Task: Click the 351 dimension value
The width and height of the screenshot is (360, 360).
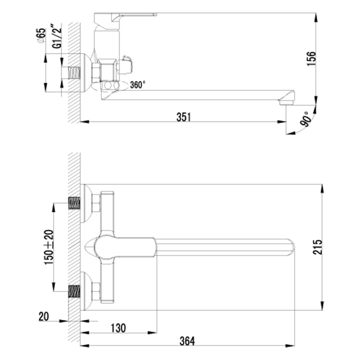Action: coord(184,117)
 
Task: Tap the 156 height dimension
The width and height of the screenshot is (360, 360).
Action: coord(311,59)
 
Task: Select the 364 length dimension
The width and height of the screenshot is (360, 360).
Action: coord(187,341)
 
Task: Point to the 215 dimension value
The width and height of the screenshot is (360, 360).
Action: coord(318,247)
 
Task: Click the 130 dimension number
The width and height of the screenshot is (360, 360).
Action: coord(118,328)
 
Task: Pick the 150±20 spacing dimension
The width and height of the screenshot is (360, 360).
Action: coord(49,247)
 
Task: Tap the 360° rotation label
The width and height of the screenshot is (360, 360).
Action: coord(138,85)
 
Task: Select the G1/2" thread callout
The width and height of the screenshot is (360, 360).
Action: coord(57,36)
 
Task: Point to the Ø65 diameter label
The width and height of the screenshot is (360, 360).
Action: coord(42,36)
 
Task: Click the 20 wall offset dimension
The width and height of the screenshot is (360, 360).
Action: coord(44,317)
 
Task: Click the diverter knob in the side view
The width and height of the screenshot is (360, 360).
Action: coord(126,65)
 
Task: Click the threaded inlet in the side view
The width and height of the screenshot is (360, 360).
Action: coord(74,73)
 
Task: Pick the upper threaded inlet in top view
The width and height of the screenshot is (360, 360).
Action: coord(74,203)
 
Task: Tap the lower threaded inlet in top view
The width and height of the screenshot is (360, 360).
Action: coord(74,291)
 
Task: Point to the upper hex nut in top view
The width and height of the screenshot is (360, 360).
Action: coord(96,203)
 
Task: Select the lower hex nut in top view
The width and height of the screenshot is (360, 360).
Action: coord(96,292)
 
